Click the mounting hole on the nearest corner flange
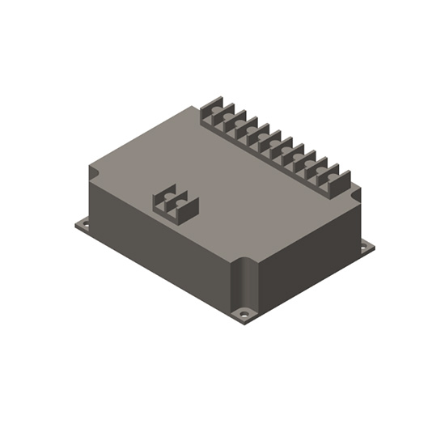pos(244,312)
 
